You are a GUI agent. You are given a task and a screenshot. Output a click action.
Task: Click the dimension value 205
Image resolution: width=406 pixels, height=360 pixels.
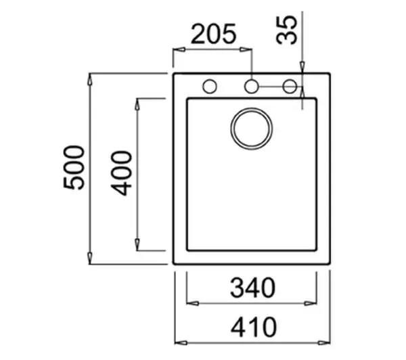(214, 34)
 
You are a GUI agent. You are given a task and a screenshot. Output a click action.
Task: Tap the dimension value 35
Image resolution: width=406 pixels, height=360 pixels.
(286, 30)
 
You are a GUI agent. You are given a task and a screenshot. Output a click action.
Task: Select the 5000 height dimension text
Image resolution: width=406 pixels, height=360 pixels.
(74, 168)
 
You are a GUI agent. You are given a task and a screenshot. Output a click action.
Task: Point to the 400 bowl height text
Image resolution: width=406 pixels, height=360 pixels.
(121, 173)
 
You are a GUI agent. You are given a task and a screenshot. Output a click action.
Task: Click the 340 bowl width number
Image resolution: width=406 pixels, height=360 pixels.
(252, 288)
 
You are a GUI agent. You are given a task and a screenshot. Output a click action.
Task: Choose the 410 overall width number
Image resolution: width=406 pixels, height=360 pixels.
(254, 327)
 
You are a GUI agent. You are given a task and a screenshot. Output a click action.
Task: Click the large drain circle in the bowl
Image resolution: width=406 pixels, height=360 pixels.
(252, 129)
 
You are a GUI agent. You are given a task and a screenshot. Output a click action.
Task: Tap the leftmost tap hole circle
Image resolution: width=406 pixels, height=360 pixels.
(210, 86)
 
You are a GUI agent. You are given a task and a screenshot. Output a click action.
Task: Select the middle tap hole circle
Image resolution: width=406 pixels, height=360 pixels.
(252, 86)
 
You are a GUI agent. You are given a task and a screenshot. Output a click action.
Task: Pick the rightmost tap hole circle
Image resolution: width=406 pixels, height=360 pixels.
(290, 86)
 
